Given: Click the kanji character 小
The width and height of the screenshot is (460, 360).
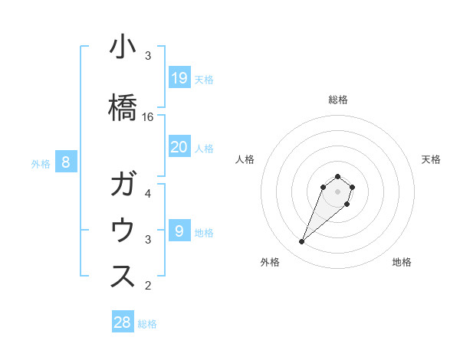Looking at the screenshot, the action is click(123, 47).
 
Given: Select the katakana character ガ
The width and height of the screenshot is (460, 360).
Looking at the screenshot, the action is click(123, 186).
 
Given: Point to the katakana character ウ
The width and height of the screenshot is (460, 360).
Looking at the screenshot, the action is click(123, 231).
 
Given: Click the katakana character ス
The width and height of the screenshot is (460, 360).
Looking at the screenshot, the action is click(123, 277).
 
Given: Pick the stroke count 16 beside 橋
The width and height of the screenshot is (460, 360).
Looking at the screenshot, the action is click(148, 117).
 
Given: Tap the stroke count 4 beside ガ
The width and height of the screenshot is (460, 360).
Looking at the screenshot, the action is click(148, 194).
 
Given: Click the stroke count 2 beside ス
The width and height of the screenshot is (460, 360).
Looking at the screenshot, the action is click(148, 286).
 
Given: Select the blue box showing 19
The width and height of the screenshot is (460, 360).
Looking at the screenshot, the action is click(179, 77).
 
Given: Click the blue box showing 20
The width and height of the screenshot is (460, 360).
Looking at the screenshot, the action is click(179, 146).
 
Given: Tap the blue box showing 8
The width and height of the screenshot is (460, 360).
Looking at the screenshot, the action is click(66, 162).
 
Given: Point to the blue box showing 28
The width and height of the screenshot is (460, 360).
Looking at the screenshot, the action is click(122, 322).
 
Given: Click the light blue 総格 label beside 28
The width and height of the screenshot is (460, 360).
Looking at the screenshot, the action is click(147, 324).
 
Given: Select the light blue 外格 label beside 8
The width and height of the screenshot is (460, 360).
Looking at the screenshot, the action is click(41, 163).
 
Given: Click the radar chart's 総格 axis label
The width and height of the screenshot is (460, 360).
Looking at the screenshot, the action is click(338, 100).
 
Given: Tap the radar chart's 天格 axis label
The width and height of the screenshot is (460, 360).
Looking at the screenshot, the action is click(431, 159).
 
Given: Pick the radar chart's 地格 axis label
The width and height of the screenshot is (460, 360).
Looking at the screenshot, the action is click(402, 262).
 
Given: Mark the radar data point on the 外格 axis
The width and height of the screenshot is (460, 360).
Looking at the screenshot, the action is click(302, 242).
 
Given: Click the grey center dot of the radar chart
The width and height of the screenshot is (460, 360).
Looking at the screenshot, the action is click(338, 191).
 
